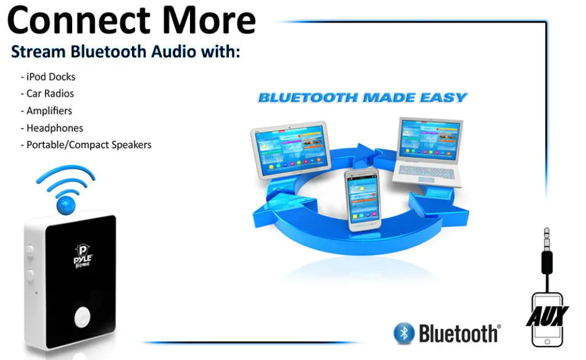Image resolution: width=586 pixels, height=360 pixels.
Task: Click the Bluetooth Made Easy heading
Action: (362, 98)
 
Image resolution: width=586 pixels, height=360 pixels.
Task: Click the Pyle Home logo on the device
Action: (81, 259)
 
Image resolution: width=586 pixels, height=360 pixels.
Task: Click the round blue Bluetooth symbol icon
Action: (404, 333)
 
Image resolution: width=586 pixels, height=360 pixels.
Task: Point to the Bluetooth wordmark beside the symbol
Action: (459, 333)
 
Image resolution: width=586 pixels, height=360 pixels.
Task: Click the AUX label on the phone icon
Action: (548, 316)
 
